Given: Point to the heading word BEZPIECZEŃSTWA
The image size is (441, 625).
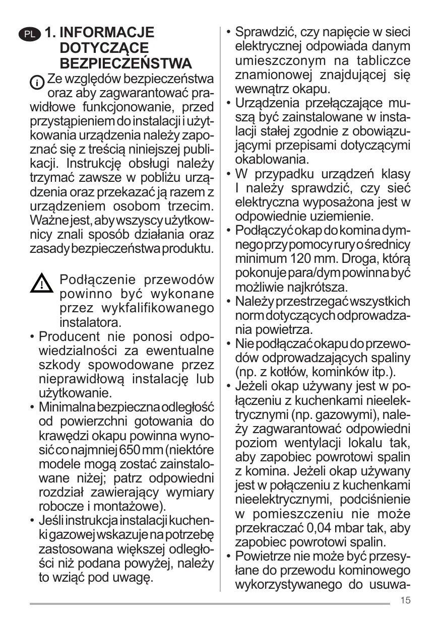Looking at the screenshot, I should [x=125, y=64].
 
